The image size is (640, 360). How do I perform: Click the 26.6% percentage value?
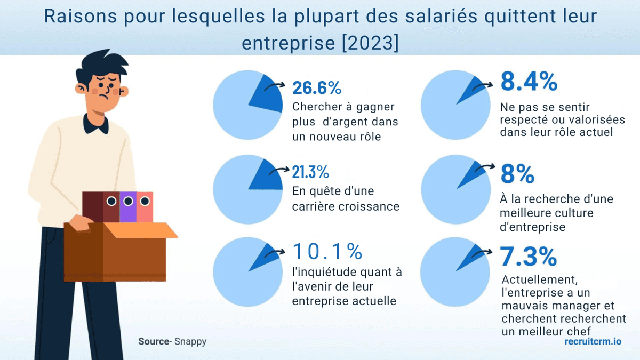(317, 87)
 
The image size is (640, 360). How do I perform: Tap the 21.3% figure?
(310, 172)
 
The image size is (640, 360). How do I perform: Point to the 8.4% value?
(529, 82)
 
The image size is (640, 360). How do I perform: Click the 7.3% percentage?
(529, 258)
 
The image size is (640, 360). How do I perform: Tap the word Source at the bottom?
(153, 341)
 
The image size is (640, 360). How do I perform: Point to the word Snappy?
(190, 341)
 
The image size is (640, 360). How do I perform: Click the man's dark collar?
(96, 124)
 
